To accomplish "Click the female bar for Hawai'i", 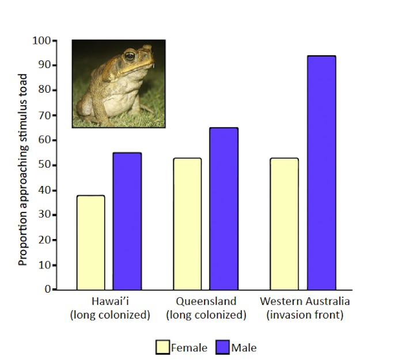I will click(91, 242).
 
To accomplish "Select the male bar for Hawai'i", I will click(127, 221).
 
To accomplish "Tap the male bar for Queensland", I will click(224, 209).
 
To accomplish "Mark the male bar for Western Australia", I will click(321, 173).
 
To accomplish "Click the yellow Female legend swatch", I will click(162, 347).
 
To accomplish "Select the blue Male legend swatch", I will click(223, 347).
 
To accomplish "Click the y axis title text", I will click(23, 169).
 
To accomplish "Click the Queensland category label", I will click(206, 302).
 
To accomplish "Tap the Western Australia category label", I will click(305, 302).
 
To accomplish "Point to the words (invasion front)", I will click(305, 315).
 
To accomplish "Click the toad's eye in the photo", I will click(130, 56).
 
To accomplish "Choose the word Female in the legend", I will click(190, 347).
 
